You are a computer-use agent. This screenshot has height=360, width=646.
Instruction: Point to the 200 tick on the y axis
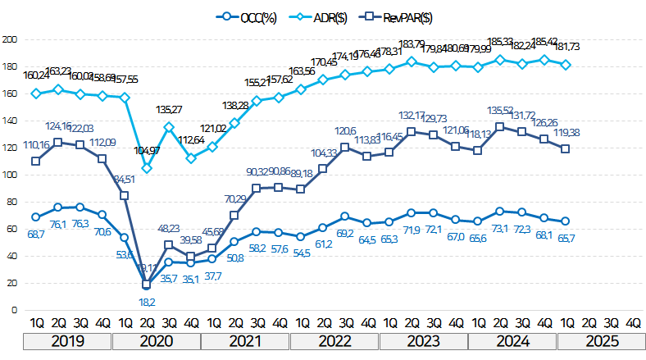[x=11, y=39]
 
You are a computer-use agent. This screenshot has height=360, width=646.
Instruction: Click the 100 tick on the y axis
[x=11, y=175]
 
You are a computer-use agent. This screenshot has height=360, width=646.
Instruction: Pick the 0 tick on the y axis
[x=15, y=310]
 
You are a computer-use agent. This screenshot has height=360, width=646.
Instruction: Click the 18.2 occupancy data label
[x=148, y=301]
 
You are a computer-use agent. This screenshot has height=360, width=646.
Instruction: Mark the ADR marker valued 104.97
[x=147, y=168]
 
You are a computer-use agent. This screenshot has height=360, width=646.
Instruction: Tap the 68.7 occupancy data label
[x=35, y=235]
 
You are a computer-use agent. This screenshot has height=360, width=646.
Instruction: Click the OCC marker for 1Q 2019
[x=36, y=217]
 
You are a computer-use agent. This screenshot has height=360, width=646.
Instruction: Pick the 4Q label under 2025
[x=632, y=323]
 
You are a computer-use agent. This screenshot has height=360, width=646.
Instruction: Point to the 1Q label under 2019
[x=36, y=323]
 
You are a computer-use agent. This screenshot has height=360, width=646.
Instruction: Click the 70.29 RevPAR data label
[x=234, y=198]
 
